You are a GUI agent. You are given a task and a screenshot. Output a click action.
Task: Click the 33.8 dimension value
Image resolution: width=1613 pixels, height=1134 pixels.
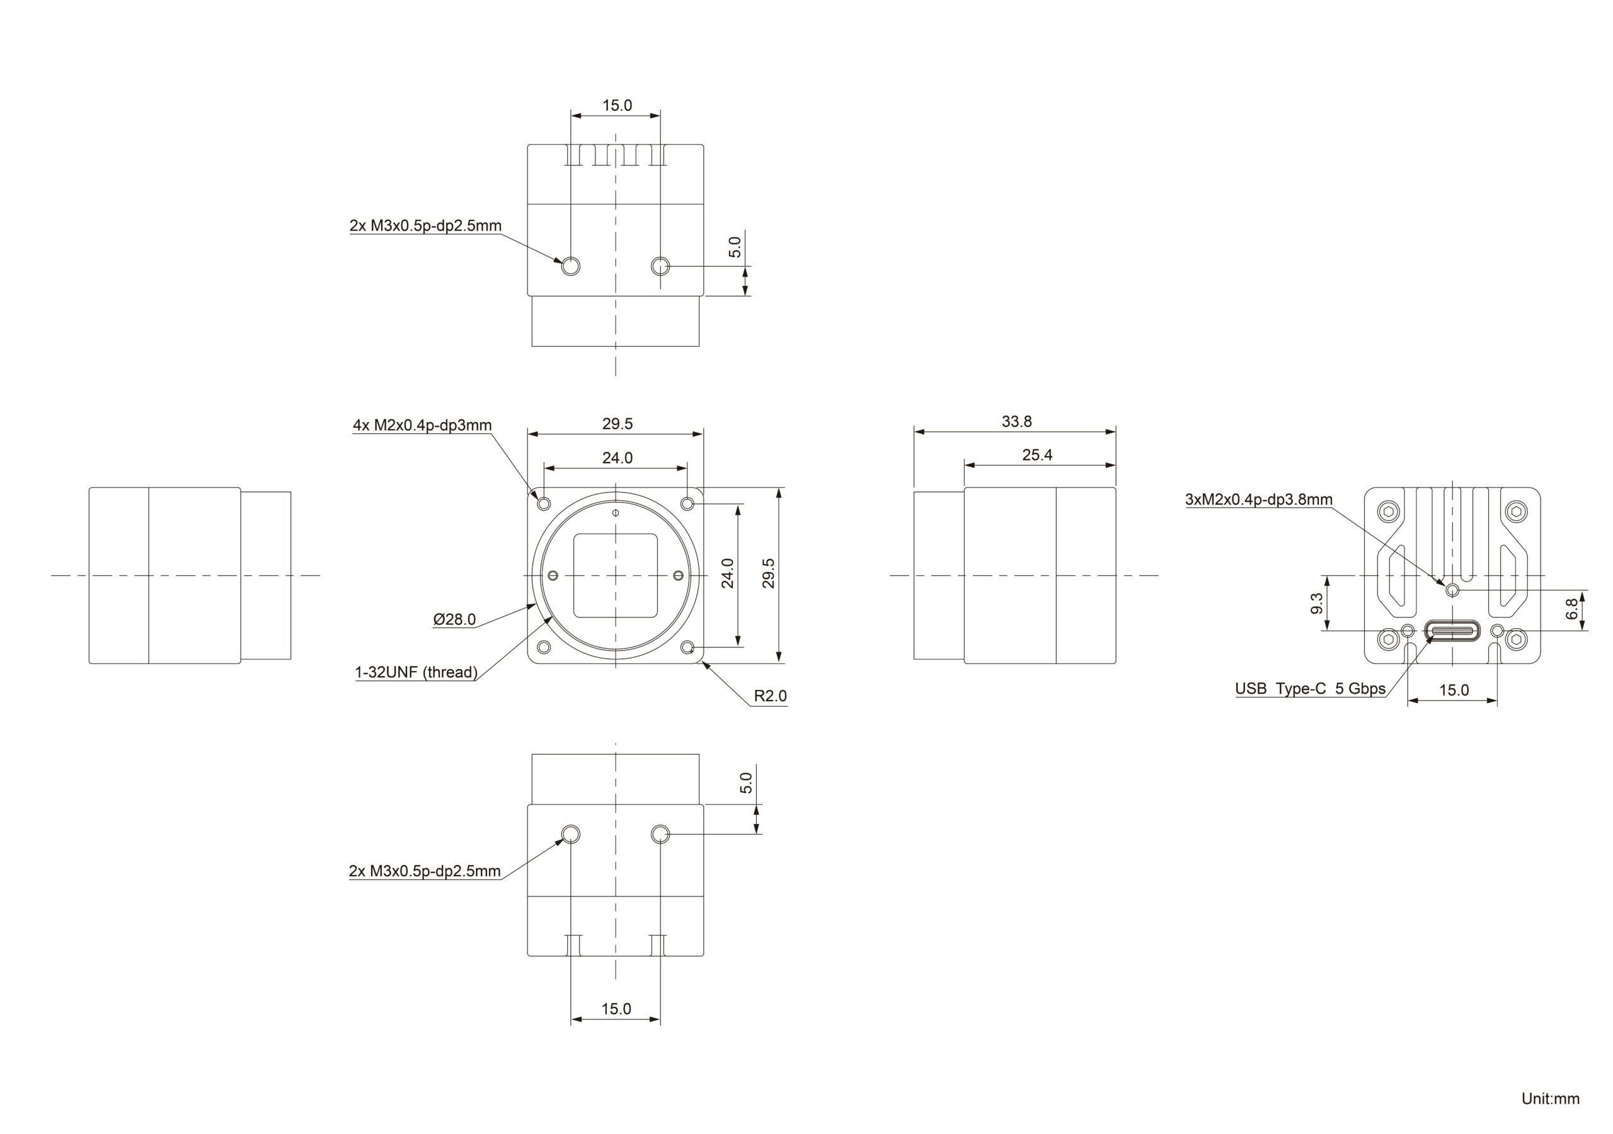[x=1016, y=421]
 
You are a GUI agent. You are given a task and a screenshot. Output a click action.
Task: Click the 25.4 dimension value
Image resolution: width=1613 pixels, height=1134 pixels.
[x=1037, y=455]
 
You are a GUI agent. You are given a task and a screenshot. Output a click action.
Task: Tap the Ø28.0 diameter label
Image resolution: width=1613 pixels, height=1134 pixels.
[x=454, y=620]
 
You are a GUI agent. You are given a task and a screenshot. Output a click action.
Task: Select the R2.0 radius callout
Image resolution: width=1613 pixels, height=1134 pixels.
[x=770, y=696]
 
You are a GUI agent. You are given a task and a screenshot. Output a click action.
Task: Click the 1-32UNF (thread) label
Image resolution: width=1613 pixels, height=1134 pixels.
[x=416, y=672]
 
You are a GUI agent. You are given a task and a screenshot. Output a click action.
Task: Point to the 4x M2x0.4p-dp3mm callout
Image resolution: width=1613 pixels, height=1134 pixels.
[x=422, y=425]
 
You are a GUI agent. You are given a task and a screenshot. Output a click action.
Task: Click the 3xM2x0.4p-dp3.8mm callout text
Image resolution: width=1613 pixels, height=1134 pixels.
[x=1258, y=500]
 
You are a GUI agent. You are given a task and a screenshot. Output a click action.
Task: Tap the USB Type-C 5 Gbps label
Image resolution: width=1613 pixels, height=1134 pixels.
[x=1310, y=689]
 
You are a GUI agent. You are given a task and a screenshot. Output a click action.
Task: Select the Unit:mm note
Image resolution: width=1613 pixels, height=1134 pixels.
[x=1550, y=1099]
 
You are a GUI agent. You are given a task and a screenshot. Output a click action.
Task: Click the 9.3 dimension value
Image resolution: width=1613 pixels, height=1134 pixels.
[x=1316, y=603]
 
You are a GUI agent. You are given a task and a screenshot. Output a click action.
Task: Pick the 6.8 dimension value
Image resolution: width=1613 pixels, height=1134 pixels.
[x=1572, y=609]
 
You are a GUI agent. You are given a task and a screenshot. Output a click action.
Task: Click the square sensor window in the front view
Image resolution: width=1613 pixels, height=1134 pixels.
[x=616, y=575]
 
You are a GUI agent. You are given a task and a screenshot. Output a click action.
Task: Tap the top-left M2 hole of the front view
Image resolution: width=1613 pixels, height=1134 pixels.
[x=544, y=504]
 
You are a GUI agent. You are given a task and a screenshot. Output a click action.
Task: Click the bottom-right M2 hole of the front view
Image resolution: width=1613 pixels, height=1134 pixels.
[x=688, y=647]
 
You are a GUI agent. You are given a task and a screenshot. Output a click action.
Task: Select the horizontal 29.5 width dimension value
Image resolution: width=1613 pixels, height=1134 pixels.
[x=617, y=423]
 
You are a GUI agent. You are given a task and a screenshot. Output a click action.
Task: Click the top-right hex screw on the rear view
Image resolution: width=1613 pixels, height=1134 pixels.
[x=1516, y=512]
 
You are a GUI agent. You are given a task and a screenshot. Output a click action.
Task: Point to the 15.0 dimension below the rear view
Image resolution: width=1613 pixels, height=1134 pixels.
[x=1454, y=690]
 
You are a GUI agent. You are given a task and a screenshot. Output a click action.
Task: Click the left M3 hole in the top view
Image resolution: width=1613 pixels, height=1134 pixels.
[x=570, y=266]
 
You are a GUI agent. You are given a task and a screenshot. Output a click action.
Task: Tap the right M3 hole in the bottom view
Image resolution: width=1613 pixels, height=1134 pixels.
[x=660, y=834]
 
